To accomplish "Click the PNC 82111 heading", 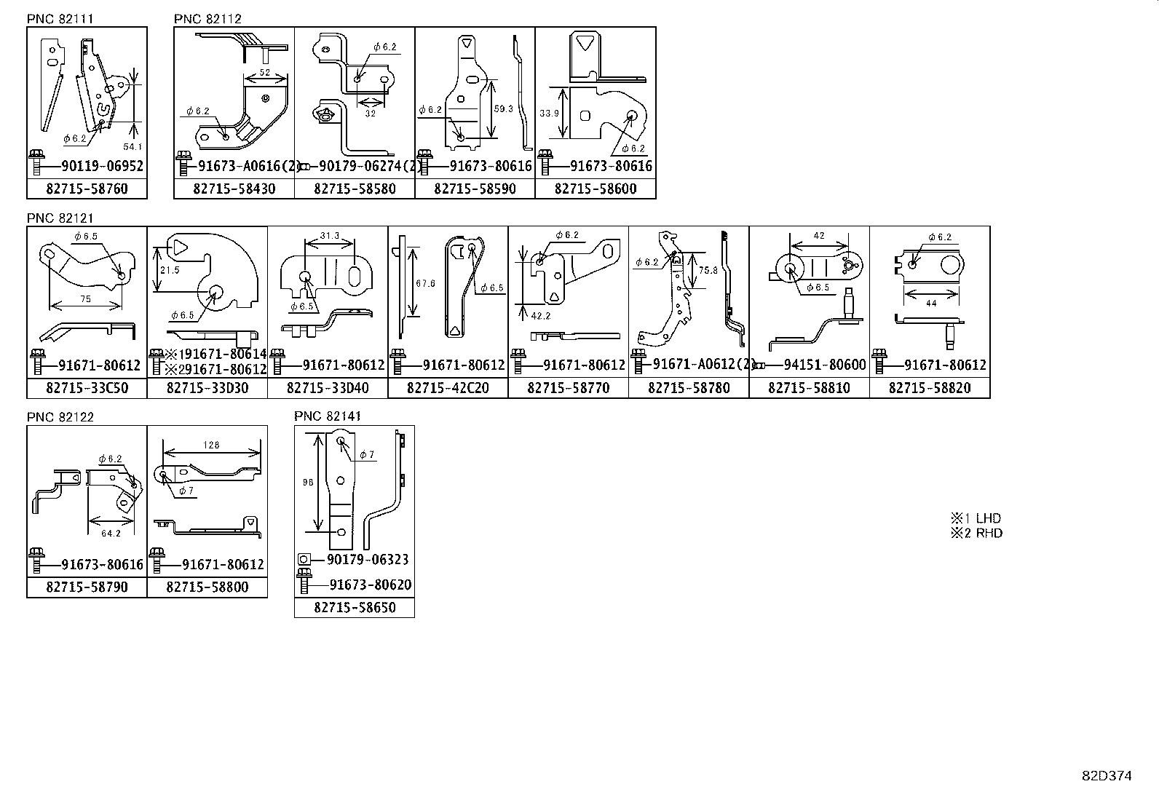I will (x=60, y=19).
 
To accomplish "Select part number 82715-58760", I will (x=87, y=189).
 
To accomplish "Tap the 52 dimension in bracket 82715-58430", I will (x=265, y=73).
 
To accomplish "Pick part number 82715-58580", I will (x=355, y=189).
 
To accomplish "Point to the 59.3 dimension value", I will (x=504, y=108).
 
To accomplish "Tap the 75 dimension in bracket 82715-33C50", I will (x=85, y=298).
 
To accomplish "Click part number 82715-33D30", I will (x=207, y=388).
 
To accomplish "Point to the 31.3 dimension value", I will (x=329, y=236).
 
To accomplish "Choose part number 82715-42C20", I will (x=448, y=388).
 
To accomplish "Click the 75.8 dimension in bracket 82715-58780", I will (x=708, y=270).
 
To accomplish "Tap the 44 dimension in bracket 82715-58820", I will (x=931, y=304).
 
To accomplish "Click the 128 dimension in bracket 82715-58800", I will (x=211, y=445).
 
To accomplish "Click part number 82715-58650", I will (x=355, y=607).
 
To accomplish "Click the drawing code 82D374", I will (x=1106, y=776).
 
